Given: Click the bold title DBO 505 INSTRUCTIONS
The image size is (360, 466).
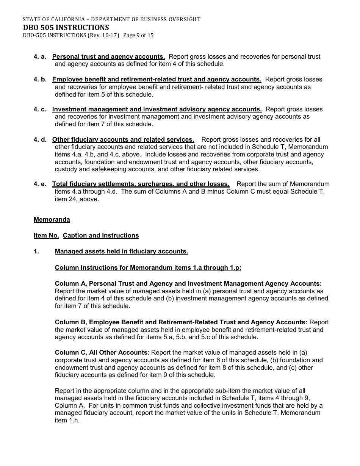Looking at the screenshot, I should coord(66,27).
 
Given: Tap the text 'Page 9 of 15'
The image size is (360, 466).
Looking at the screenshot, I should coord(138,36).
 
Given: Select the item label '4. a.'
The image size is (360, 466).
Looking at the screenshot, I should coord(40,56).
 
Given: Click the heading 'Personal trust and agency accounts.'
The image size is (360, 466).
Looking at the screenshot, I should coord(108,56).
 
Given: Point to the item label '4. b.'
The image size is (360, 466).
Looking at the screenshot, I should coord(40,79).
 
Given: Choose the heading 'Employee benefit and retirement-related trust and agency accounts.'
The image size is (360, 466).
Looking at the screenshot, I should coord(157,79).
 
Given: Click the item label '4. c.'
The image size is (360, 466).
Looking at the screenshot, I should coord(40,109).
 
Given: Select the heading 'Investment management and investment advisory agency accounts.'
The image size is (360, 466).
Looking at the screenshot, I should coord(157,109).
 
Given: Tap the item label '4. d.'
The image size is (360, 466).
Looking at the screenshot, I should coord(40,139).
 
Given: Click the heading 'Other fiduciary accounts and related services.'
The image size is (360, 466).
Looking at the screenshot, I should coord(123,139).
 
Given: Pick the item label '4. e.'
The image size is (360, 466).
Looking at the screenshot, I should coord(40,184).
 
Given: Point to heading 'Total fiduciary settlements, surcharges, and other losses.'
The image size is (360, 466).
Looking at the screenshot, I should coord(141,184).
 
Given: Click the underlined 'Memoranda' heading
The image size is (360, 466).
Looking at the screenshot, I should coord(52,219).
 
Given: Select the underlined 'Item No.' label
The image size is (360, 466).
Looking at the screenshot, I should coord(46,235).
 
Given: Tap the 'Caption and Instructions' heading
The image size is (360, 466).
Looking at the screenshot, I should coord(101,235).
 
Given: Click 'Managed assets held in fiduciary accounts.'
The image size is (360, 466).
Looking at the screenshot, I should coord(121,251).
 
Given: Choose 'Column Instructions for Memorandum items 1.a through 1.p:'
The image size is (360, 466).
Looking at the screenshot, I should coord(148,267).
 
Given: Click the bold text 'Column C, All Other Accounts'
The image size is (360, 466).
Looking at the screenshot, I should coord(101,352).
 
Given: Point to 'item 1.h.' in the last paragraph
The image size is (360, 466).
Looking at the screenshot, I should coord(67,420).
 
